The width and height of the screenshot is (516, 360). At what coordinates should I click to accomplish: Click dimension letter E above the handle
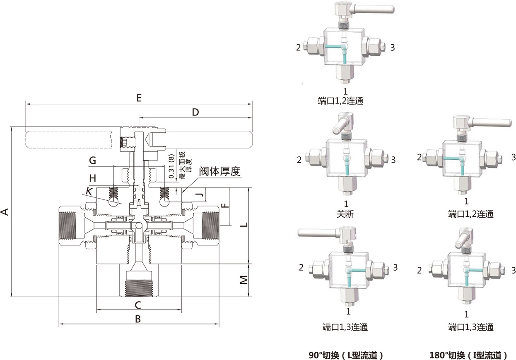139,98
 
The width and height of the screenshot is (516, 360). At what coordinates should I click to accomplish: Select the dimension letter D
195,112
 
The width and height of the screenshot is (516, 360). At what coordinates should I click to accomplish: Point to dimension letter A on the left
5,212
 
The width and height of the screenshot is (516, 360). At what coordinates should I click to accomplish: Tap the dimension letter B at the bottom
138,319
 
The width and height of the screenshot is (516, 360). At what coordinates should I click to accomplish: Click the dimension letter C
138,305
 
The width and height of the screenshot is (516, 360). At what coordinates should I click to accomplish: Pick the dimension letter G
93,160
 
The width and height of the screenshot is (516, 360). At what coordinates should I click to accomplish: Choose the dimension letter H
93,178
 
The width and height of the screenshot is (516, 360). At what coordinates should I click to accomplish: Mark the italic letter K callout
89,192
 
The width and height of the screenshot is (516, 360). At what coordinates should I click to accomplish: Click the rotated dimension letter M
244,280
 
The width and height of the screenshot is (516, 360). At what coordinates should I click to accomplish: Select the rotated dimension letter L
244,224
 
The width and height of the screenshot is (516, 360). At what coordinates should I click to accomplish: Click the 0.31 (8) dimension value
171,166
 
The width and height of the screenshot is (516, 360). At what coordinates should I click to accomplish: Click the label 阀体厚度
219,171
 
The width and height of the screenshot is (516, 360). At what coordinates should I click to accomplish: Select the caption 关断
345,214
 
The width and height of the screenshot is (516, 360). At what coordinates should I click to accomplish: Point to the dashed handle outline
69,139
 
